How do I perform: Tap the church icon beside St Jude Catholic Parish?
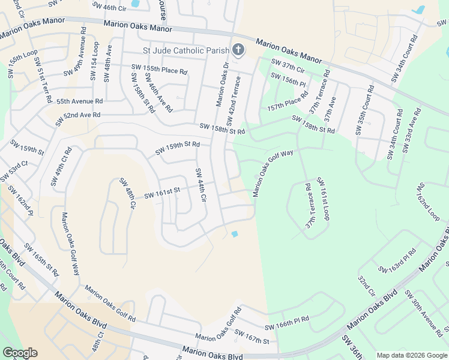(x=238, y=50)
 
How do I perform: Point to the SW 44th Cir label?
(x=200, y=185)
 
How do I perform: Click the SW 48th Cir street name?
(x=127, y=193)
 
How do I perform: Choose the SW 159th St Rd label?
(x=181, y=148)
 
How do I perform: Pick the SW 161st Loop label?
(x=323, y=199)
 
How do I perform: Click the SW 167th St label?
(x=252, y=337)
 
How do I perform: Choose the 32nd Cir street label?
(x=366, y=287)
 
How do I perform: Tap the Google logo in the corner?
(x=20, y=353)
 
